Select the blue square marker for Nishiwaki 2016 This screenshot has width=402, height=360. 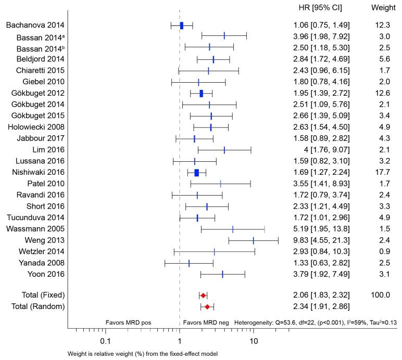196,173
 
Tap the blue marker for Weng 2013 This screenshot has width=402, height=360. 253,240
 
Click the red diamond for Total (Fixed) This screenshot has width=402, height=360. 203,295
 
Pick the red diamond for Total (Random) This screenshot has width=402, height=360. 207,306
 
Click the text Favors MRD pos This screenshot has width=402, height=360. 128,323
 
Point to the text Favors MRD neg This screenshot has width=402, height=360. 206,323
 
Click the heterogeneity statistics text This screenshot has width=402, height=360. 316,323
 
